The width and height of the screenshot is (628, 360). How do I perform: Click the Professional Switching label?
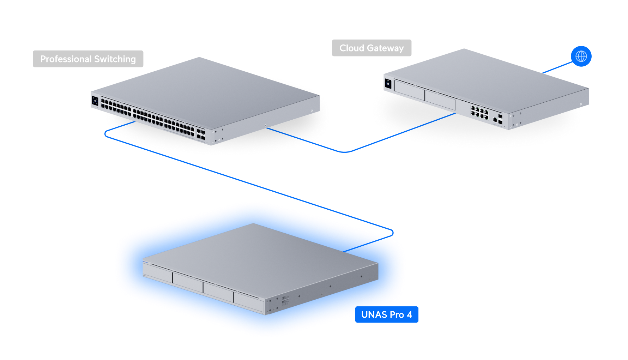(x=88, y=59)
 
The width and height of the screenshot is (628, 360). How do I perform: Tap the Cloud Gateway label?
(x=372, y=48)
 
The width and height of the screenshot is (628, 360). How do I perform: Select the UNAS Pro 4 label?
(x=387, y=314)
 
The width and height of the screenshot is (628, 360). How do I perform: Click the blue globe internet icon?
(x=581, y=56)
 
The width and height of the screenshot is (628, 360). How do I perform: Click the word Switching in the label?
(x=115, y=59)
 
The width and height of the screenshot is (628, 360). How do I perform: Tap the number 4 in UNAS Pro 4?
(x=409, y=314)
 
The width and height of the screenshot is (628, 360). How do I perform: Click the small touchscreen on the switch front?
(x=95, y=101)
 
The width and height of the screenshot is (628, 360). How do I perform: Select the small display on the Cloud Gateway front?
(x=388, y=84)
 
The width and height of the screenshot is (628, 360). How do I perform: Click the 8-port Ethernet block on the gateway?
(x=479, y=112)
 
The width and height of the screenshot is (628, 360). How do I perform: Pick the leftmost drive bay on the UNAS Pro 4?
(x=157, y=273)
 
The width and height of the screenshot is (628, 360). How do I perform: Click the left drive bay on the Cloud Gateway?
(x=409, y=90)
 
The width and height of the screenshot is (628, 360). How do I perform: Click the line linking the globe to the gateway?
(x=557, y=67)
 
